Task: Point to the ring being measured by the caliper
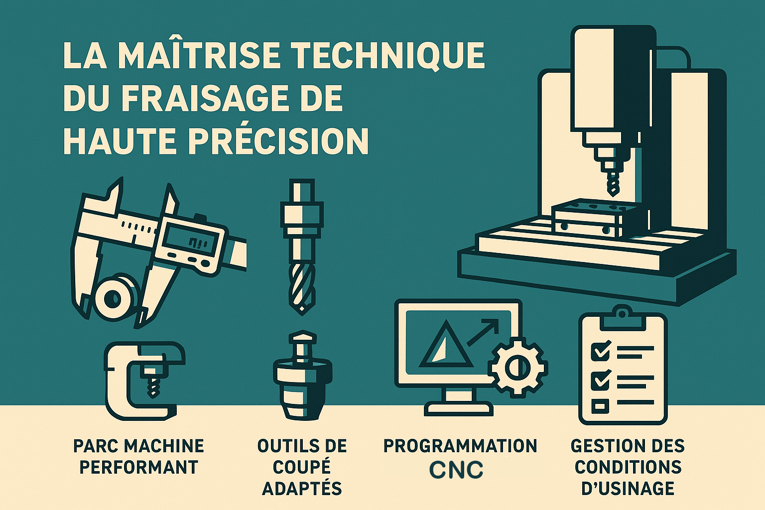114,299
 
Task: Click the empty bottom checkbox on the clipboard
600,406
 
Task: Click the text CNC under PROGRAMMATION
456,470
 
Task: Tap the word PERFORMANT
139,468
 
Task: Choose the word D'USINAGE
628,489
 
